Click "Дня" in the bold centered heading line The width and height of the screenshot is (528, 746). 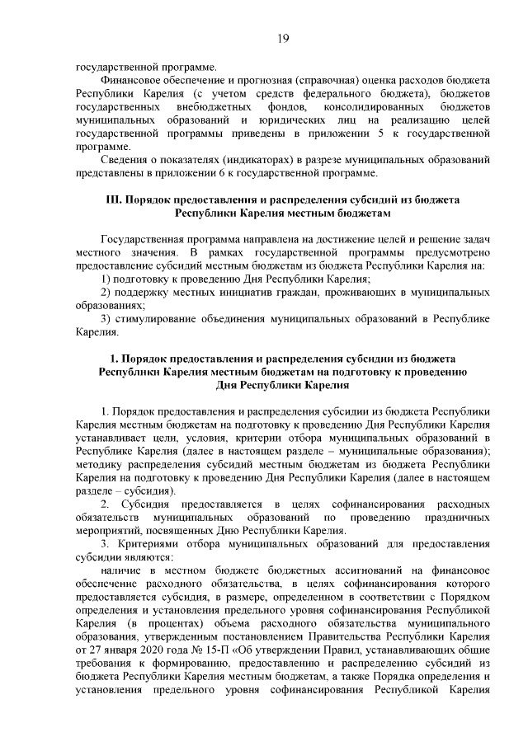coord(227,383)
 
